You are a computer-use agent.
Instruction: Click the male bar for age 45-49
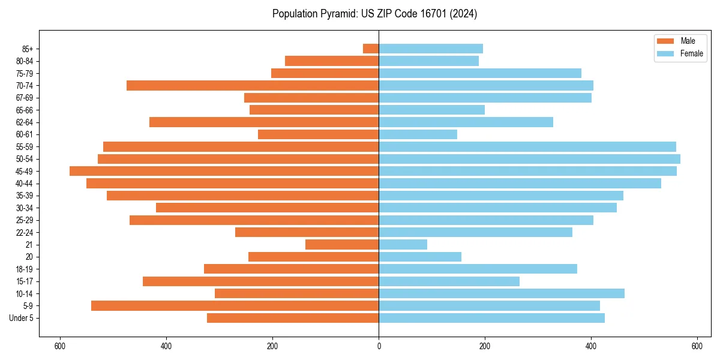[224, 171]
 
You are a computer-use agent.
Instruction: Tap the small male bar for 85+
[371, 49]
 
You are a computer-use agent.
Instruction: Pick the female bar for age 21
[403, 244]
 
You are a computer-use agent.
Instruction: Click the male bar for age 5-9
[235, 305]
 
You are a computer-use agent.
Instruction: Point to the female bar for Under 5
[491, 318]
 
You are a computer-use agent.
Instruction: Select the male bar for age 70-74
[253, 85]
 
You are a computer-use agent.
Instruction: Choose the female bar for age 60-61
[418, 134]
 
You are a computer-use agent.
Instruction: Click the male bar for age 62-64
[264, 122]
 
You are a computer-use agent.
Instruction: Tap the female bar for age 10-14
[502, 293]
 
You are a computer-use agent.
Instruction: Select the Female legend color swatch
[665, 53]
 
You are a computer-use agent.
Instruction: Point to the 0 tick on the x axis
[379, 346]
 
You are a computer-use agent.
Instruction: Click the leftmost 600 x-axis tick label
[59, 346]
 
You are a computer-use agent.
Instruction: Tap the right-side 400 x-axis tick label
[591, 346]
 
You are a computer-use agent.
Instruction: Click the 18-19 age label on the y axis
[25, 269]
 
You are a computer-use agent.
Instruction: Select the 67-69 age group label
[25, 98]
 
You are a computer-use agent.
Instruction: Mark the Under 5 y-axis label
[22, 318]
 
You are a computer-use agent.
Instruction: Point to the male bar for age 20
[313, 257]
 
